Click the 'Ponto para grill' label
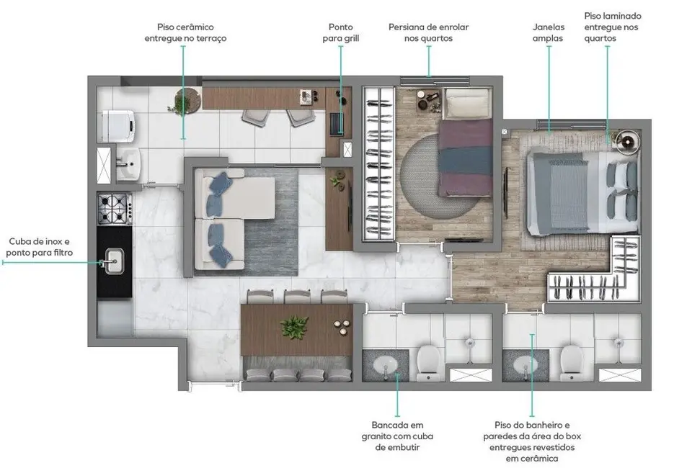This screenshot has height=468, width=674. pos(340,32)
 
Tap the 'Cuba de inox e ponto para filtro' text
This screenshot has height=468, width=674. pos(40,247)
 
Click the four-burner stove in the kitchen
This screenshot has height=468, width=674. pos(115,209)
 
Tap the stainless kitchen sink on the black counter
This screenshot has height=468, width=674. pos(115,260)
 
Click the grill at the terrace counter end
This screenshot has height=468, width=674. pos(336,123)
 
